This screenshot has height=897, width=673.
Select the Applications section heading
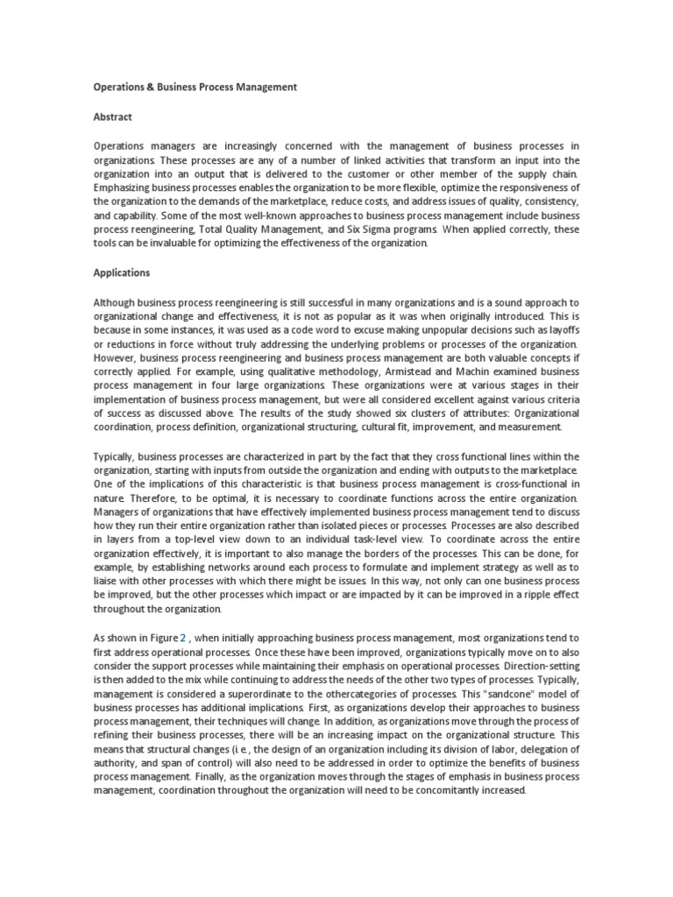click(122, 272)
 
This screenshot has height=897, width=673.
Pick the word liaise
click(110, 581)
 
